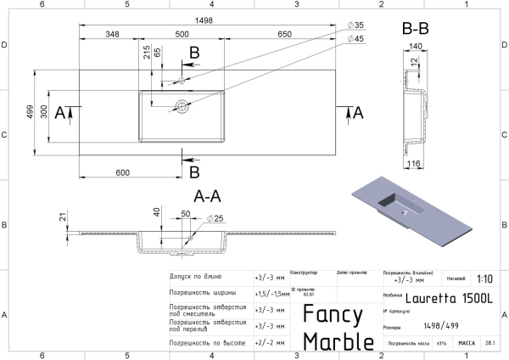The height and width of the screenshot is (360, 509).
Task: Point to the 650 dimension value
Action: (285, 35)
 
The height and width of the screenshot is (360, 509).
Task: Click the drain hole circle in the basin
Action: (181, 107)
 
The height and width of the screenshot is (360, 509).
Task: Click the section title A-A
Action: (209, 195)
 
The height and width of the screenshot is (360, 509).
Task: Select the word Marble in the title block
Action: (338, 340)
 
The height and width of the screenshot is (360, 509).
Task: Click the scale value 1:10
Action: (484, 278)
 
